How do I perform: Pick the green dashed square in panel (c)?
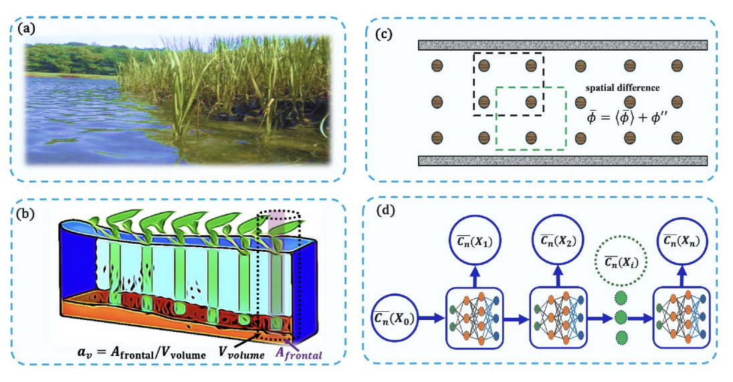coord(531,118)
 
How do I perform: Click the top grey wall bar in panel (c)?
coord(562,45)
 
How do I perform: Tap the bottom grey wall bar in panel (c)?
coord(562,160)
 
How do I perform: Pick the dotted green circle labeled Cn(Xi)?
coord(619,260)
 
